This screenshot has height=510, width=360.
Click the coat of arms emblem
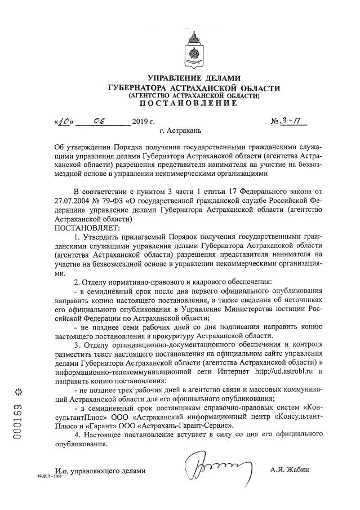(x=194, y=51)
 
